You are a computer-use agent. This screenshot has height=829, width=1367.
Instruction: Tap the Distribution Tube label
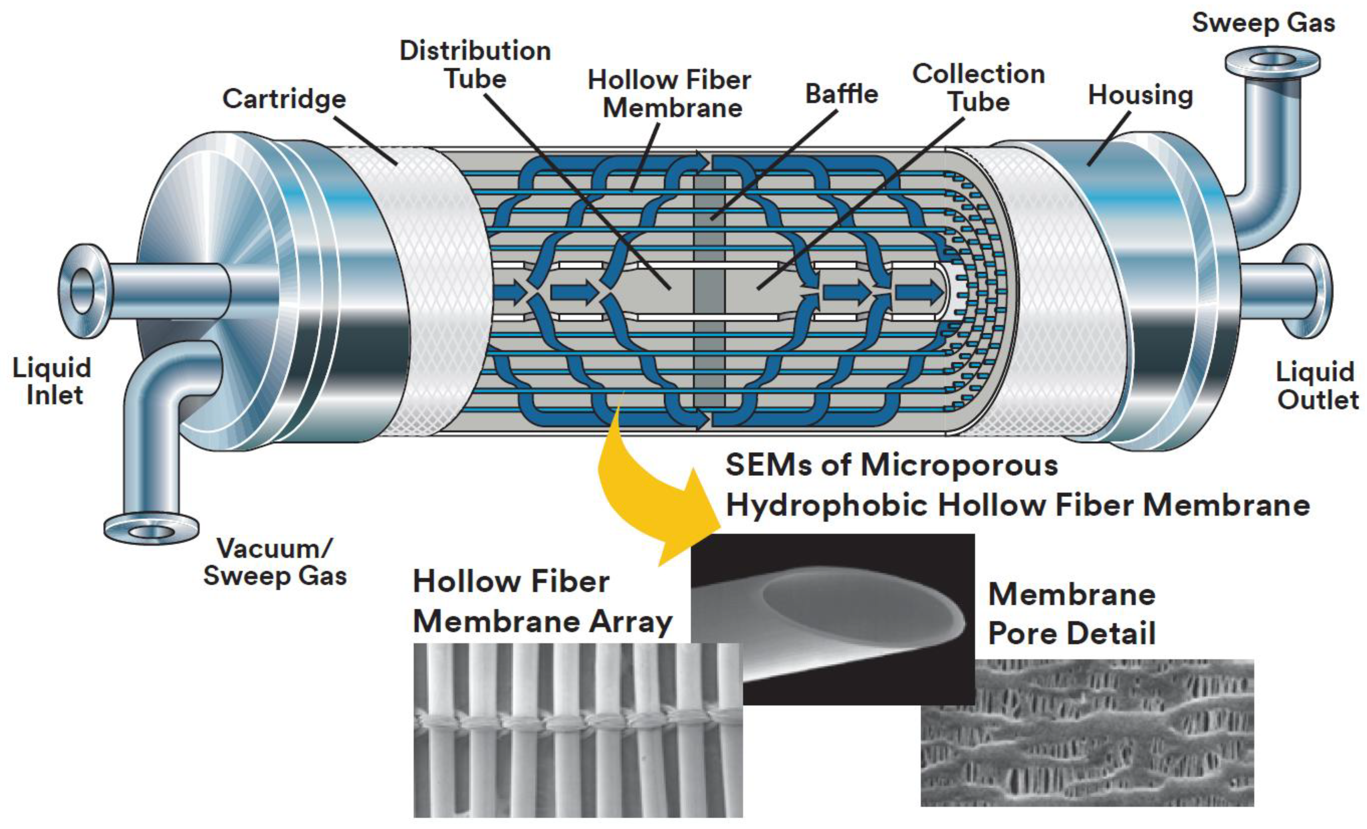click(475, 64)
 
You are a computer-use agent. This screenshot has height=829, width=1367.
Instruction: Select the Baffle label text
click(841, 94)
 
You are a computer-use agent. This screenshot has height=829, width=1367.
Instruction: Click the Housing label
click(1140, 95)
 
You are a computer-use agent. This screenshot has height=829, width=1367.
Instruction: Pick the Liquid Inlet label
click(52, 382)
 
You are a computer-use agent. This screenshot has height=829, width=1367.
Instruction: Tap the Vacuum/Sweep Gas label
click(275, 562)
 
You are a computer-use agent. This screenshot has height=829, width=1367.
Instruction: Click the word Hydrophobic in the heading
click(826, 505)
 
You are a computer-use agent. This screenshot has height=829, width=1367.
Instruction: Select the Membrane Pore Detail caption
click(1071, 614)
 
